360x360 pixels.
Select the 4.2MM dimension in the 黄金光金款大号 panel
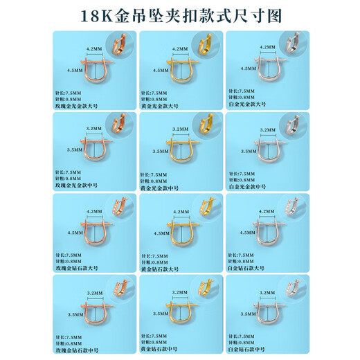(x=179, y=49)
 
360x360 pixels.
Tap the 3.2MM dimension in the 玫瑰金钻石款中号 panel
(x=93, y=294)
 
